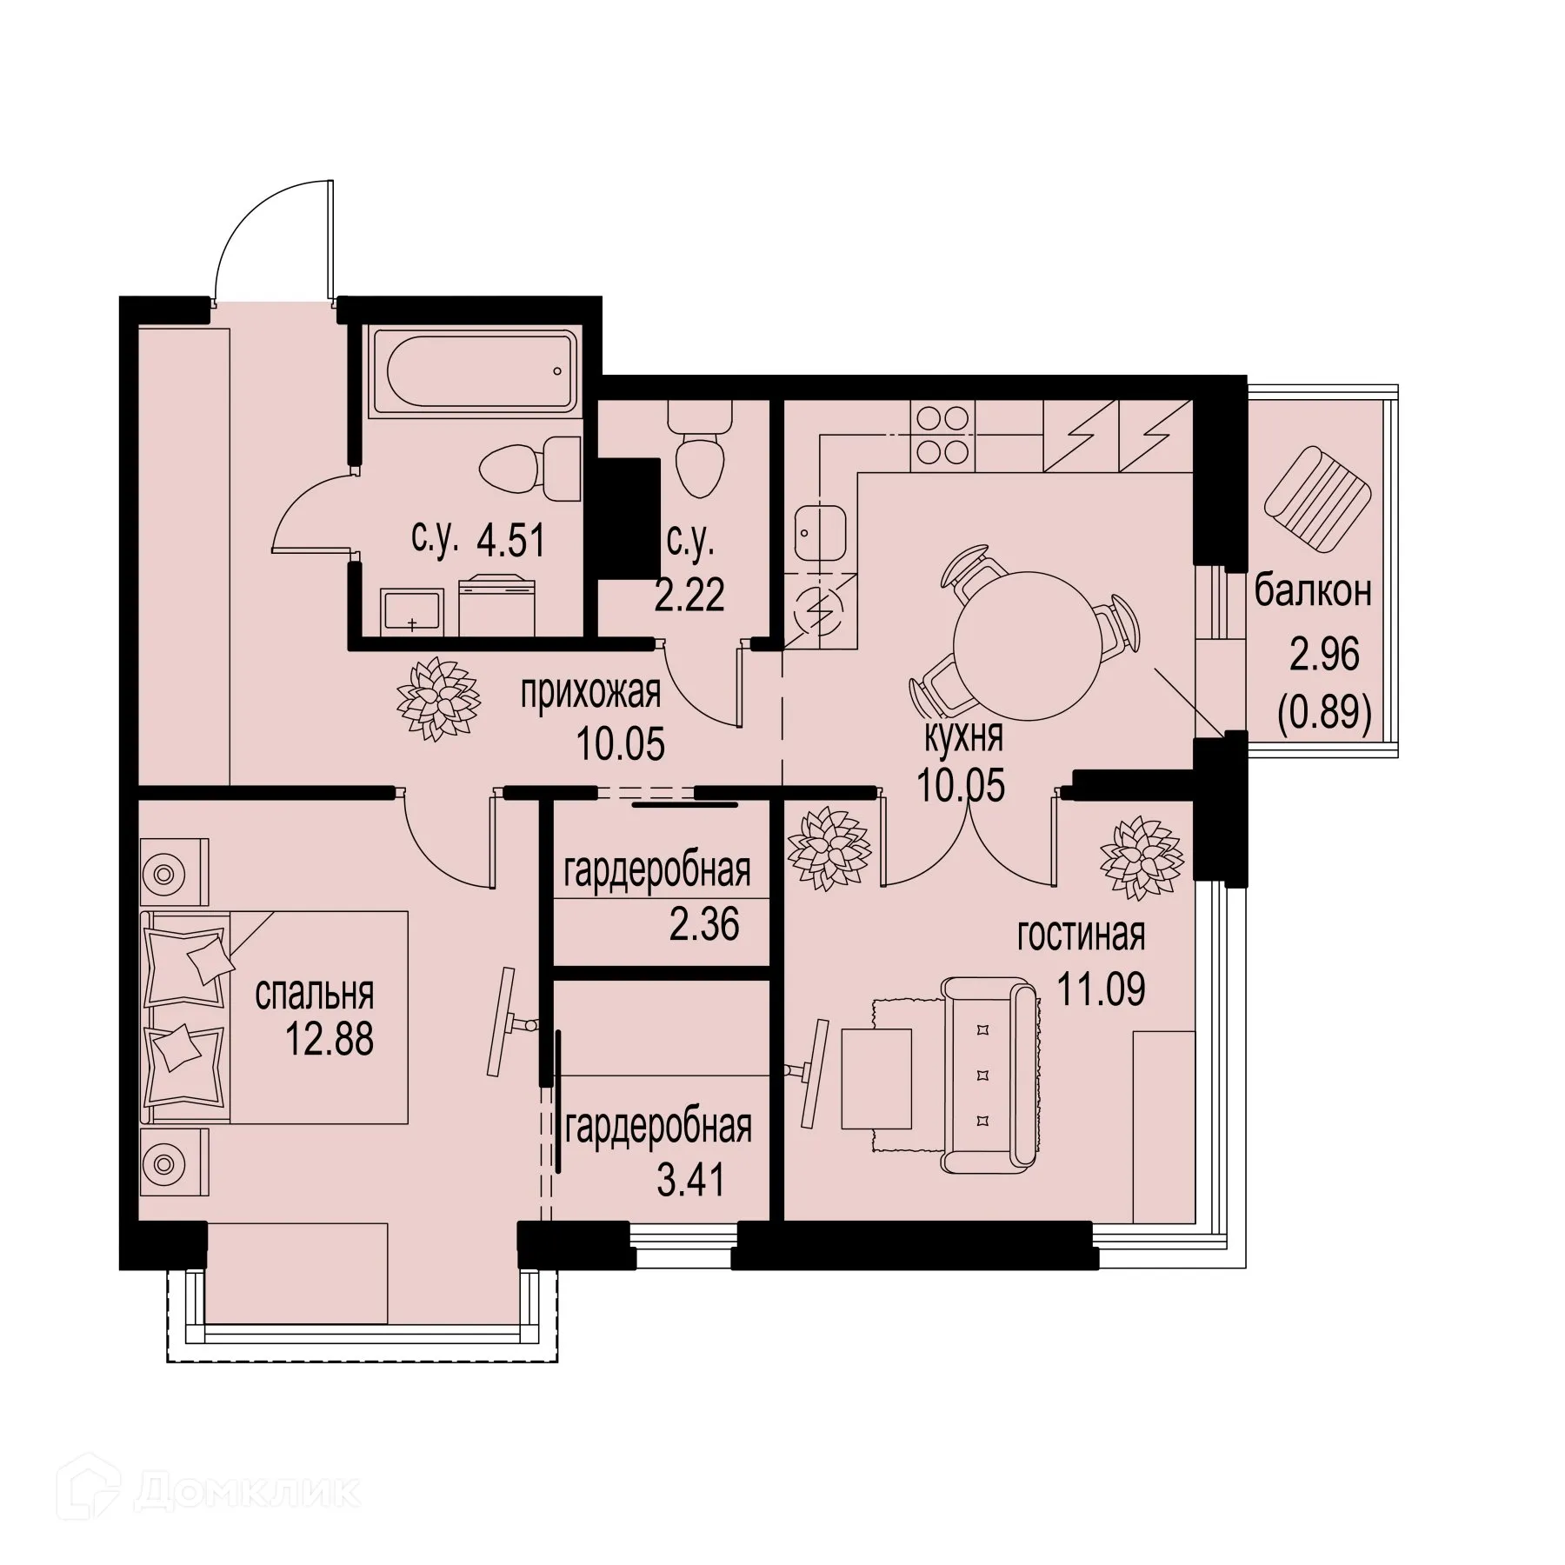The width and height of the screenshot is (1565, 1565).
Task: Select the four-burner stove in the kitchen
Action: pos(941,435)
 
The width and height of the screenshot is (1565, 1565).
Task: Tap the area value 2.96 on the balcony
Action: pos(1324,655)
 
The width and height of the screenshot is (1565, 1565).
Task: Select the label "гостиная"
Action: pos(1081,936)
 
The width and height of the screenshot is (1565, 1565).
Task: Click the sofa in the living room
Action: pos(991,1076)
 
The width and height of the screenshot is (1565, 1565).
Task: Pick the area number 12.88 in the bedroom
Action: pos(330,1038)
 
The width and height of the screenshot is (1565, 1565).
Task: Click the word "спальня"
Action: pos(314,994)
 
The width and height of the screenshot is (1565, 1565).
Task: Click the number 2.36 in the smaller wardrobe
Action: pos(704,924)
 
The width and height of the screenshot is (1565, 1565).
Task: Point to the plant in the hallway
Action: pos(439,700)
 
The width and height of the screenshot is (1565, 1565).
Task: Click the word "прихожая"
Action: pos(590,694)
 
